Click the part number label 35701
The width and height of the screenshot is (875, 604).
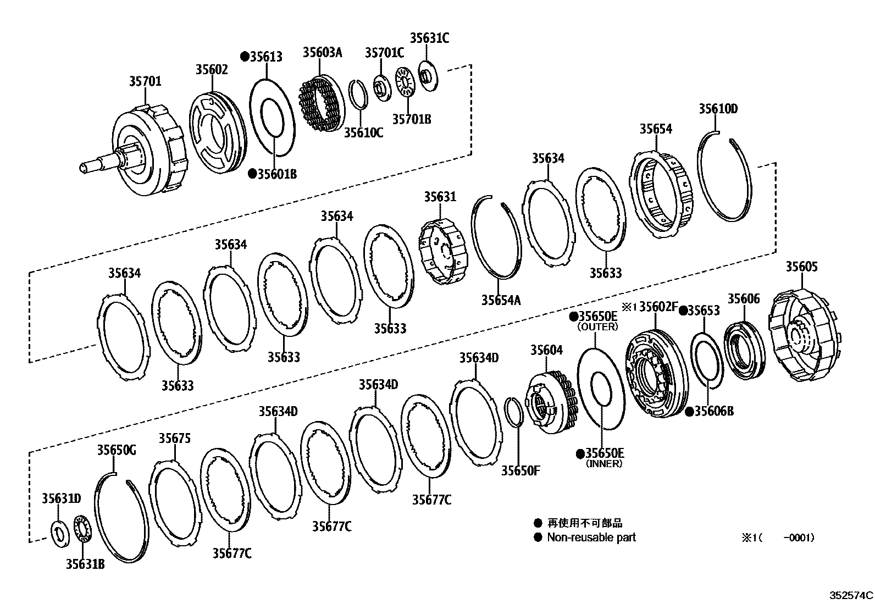pyautogui.click(x=145, y=81)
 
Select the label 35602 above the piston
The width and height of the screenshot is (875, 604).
pyautogui.click(x=212, y=69)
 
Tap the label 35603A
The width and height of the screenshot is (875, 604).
pyautogui.click(x=322, y=53)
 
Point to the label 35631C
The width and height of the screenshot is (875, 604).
pyautogui.click(x=429, y=38)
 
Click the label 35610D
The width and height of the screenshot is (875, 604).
pyautogui.click(x=718, y=109)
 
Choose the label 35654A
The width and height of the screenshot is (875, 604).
pyautogui.click(x=501, y=300)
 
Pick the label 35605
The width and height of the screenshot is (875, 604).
pyautogui.click(x=801, y=267)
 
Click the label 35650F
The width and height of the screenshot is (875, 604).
pyautogui.click(x=520, y=470)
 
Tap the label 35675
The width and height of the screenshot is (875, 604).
pyautogui.click(x=175, y=438)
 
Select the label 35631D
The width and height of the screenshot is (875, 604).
pyautogui.click(x=61, y=498)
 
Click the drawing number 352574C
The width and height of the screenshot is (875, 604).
pyautogui.click(x=851, y=595)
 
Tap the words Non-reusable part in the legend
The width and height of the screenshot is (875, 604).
pyautogui.click(x=591, y=537)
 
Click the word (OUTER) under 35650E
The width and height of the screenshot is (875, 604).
pyautogui.click(x=597, y=327)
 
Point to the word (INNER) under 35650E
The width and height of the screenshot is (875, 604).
pyautogui.click(x=603, y=464)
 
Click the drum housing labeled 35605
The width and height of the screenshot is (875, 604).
pyautogui.click(x=805, y=336)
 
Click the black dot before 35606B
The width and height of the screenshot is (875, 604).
pyautogui.click(x=689, y=412)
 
